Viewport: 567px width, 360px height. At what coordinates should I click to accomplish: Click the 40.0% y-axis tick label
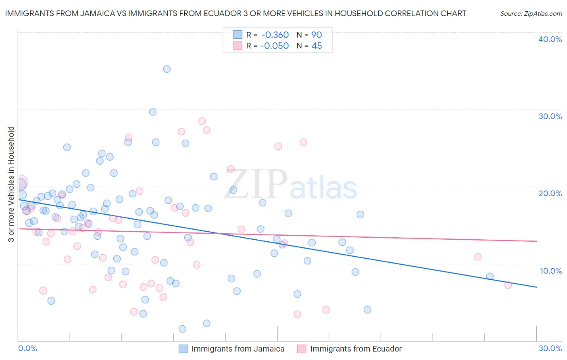(x=550, y=39)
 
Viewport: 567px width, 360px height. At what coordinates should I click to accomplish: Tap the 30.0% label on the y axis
(x=550, y=116)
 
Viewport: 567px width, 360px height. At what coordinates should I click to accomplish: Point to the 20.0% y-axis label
(x=550, y=193)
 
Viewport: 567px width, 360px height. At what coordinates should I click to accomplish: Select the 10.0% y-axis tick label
(x=551, y=271)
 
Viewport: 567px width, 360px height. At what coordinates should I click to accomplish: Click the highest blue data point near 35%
(x=167, y=69)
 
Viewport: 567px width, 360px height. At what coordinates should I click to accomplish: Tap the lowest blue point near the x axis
(x=182, y=329)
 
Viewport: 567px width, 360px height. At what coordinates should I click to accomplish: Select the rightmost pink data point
(x=508, y=285)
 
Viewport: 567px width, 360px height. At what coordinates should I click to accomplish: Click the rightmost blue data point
(x=490, y=276)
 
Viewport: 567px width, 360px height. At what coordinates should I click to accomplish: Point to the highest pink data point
(x=202, y=121)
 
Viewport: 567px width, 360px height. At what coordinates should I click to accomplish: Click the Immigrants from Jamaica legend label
(x=238, y=349)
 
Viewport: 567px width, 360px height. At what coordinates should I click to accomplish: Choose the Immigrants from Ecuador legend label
(x=356, y=349)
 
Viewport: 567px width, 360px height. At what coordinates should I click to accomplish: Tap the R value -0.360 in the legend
(x=274, y=35)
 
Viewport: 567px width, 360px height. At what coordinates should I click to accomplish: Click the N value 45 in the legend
(x=317, y=46)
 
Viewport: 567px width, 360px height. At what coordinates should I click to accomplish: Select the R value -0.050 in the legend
(x=274, y=46)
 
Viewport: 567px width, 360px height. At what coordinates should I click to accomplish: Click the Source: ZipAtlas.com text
(x=531, y=14)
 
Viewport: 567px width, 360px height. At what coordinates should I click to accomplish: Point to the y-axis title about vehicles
(x=11, y=184)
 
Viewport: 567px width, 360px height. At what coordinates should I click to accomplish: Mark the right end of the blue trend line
(x=536, y=287)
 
